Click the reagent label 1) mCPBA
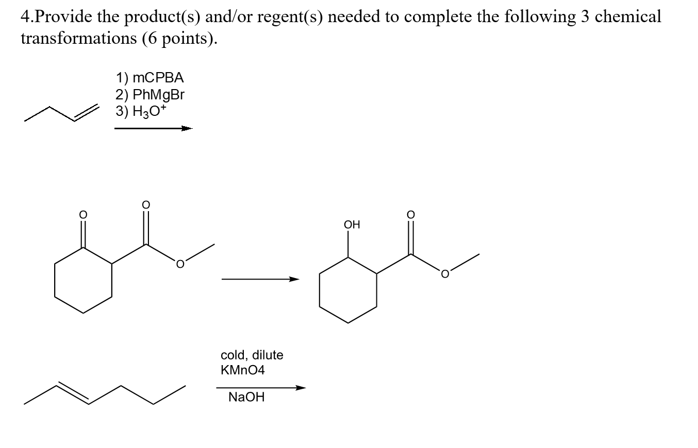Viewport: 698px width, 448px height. [149, 78]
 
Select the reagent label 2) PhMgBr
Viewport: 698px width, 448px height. [150, 95]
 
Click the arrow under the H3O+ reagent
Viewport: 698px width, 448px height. [153, 129]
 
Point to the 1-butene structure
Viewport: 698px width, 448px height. [62, 114]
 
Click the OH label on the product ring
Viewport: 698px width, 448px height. [352, 225]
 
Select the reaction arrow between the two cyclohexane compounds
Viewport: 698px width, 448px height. [260, 280]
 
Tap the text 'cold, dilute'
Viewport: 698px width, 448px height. [252, 355]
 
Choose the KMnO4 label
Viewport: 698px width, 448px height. [242, 370]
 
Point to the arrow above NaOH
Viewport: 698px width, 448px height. [260, 388]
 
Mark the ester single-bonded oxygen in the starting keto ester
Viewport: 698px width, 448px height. [180, 265]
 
